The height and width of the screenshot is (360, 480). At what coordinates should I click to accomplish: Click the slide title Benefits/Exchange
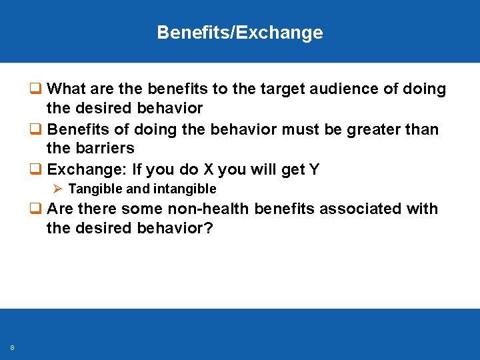(240, 33)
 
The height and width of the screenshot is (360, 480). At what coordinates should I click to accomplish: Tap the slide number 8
(13, 347)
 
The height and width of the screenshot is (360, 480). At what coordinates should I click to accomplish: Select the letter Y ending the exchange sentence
(314, 169)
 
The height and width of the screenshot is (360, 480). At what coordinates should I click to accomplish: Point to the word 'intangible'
(184, 189)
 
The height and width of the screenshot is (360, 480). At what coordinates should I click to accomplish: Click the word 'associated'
(361, 209)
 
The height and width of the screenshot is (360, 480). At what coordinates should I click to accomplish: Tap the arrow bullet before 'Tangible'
(57, 189)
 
